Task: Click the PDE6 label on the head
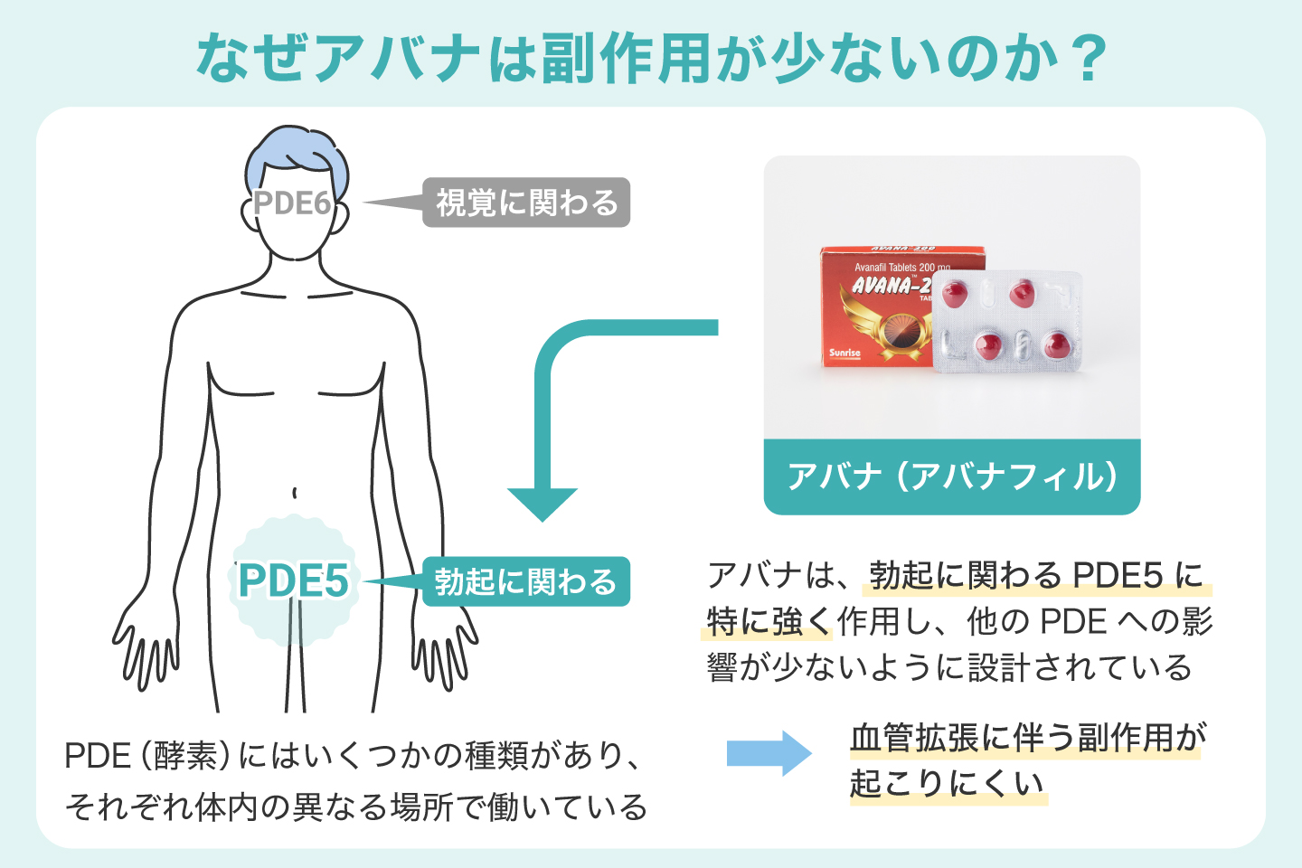tap(292, 203)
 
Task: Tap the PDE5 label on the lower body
tap(293, 580)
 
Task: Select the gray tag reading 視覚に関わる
tap(526, 203)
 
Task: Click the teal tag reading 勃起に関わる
tap(526, 581)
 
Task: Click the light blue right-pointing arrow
tap(769, 753)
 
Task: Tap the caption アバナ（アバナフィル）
tap(951, 476)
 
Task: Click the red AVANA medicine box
tap(873, 307)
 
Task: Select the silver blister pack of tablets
tap(1006, 322)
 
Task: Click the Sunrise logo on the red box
tap(844, 353)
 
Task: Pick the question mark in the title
tap(1081, 59)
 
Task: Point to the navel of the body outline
tap(295, 493)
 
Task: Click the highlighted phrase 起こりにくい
tap(947, 783)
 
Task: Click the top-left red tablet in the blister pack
tap(955, 293)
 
